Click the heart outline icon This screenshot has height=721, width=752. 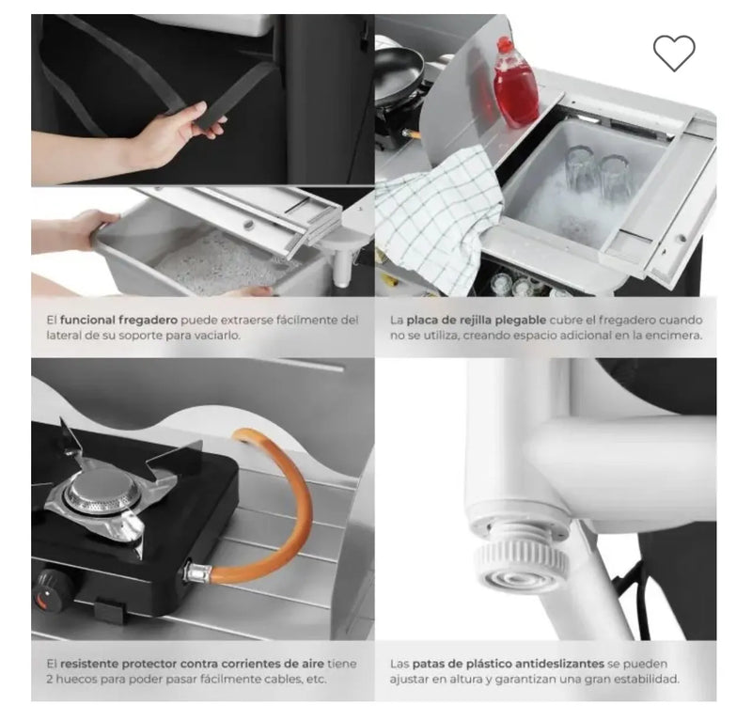point(674,53)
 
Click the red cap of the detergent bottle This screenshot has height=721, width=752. point(504,45)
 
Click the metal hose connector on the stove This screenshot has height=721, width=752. point(196,572)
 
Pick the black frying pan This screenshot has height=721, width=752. point(399,73)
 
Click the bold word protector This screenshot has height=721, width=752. point(149,665)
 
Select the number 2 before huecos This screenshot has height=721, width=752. point(50,680)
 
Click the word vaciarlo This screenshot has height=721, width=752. point(217,336)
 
